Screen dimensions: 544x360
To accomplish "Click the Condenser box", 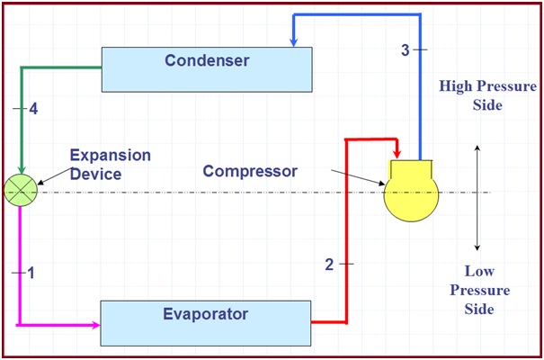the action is click(207, 69).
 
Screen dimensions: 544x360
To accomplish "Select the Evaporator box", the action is click(206, 323).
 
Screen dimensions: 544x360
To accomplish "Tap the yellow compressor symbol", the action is click(411, 191).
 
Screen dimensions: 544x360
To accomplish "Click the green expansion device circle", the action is click(21, 191).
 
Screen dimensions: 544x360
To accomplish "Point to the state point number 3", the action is click(406, 50).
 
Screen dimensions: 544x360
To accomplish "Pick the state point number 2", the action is click(329, 265).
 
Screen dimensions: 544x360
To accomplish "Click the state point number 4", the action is click(33, 109).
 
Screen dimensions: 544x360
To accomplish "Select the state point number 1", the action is click(31, 274).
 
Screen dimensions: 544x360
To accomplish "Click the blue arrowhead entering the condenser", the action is click(293, 42).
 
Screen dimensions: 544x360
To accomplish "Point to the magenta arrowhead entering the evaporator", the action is click(95, 325).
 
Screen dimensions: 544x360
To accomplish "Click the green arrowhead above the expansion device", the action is click(22, 169).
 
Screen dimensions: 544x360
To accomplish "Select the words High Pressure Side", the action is click(487, 95).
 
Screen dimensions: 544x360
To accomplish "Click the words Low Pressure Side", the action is click(479, 290).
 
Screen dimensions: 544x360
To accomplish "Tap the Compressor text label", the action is click(250, 172).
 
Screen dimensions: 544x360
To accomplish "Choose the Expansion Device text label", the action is click(111, 165).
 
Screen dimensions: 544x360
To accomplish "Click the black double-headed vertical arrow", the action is click(477, 198).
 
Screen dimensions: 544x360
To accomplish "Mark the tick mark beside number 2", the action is click(346, 265).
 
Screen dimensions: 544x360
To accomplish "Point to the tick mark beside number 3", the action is click(420, 50).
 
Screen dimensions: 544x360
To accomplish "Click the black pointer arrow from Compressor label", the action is click(358, 177).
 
